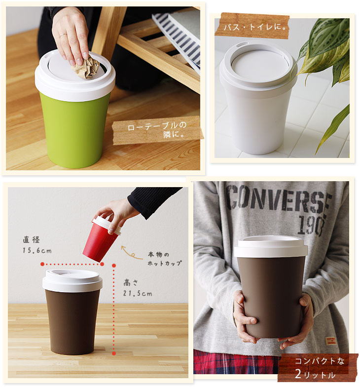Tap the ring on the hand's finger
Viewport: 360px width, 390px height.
point(63,35)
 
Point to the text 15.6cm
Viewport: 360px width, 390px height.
point(37,250)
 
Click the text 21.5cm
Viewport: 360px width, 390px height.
point(138,294)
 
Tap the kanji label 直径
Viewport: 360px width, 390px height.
point(31,240)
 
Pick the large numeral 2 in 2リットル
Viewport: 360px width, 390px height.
point(299,373)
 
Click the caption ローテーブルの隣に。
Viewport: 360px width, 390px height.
point(157,130)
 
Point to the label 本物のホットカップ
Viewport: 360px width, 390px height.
point(165,259)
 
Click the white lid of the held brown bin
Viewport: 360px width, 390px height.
point(271,247)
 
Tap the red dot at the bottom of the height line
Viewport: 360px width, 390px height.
point(114,353)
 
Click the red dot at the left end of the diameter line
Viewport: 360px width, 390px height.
point(42,264)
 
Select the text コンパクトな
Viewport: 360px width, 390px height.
point(320,361)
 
